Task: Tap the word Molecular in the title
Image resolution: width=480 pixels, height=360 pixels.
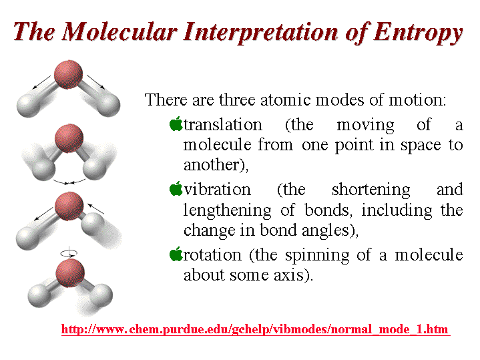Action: tap(119, 31)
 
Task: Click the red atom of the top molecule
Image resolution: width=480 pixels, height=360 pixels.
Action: tap(68, 74)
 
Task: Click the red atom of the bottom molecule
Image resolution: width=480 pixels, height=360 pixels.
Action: tap(70, 273)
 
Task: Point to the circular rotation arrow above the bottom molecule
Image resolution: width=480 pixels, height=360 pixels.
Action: tap(69, 253)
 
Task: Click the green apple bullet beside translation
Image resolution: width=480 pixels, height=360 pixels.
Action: tap(176, 124)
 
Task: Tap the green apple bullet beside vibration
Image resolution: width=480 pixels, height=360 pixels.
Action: tap(176, 188)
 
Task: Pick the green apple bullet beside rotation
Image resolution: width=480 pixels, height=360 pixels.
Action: tap(176, 254)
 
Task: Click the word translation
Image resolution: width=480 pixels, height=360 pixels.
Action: tap(223, 125)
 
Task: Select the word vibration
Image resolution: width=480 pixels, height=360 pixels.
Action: tap(218, 189)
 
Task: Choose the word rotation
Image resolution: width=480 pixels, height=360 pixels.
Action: tap(212, 255)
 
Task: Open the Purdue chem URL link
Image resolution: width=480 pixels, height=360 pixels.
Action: tap(256, 329)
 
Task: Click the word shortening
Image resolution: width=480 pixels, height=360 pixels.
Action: tap(371, 190)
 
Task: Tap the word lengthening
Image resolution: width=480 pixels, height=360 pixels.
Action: tap(228, 211)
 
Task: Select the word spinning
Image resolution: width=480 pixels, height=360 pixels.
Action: tap(317, 256)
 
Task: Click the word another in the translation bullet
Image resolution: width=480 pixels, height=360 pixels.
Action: tap(210, 165)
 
